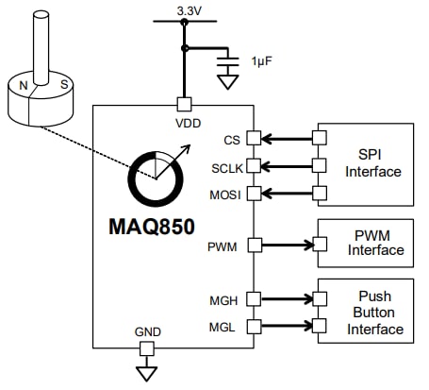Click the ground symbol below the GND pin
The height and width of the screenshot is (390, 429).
point(146,373)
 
